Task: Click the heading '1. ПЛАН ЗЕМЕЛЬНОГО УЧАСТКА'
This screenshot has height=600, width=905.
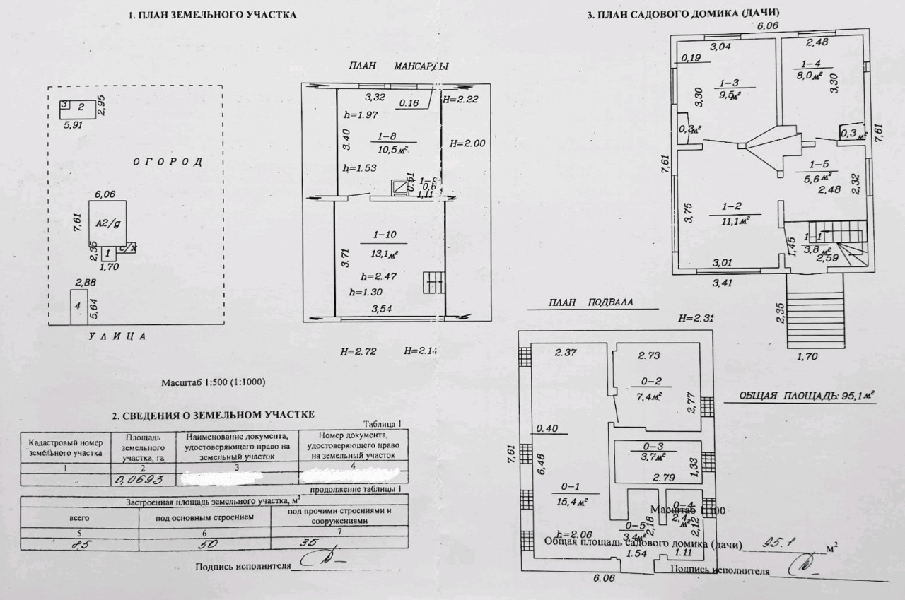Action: (213, 15)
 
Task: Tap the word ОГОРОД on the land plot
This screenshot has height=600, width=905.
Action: (168, 162)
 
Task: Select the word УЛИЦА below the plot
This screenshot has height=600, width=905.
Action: (117, 336)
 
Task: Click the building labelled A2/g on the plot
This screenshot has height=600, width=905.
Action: (107, 222)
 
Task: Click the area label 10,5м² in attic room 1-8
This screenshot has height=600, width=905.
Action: (392, 148)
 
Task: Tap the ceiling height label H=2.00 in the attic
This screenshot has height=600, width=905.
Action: (467, 143)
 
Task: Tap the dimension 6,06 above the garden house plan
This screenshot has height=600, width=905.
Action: (768, 25)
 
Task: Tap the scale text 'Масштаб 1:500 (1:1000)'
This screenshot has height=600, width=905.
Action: (214, 382)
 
